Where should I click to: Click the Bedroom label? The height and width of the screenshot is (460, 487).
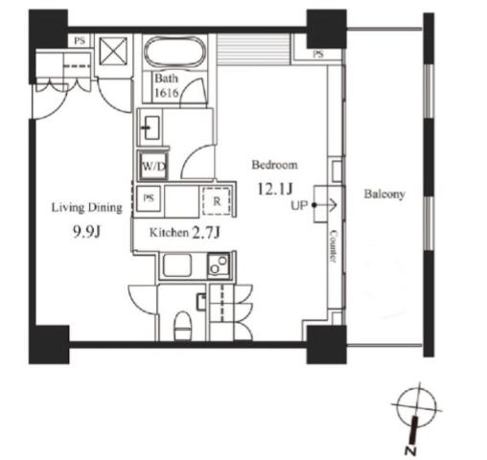click(274, 165)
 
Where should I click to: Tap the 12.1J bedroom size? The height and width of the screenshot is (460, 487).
click(274, 189)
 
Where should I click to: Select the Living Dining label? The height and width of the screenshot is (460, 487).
click(87, 208)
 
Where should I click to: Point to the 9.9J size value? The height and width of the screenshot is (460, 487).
click(86, 231)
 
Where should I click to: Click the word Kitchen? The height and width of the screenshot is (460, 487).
click(169, 233)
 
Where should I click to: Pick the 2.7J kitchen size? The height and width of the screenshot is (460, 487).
click(206, 233)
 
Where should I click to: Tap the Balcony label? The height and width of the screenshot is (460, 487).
click(384, 194)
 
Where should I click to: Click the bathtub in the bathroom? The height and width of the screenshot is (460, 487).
click(174, 52)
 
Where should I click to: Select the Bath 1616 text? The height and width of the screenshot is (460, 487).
click(166, 85)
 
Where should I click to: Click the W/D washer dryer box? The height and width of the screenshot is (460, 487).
click(153, 166)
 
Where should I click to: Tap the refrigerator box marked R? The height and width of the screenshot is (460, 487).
click(217, 201)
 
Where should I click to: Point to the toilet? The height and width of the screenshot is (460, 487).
click(183, 326)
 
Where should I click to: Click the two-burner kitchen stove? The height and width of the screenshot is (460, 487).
click(219, 265)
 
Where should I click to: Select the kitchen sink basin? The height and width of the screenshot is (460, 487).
click(177, 265)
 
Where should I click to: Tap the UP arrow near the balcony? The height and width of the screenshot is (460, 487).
click(324, 205)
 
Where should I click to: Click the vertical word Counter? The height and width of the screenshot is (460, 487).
click(334, 246)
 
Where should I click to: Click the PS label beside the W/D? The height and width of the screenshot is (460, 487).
click(149, 198)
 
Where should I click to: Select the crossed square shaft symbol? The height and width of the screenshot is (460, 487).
click(113, 51)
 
